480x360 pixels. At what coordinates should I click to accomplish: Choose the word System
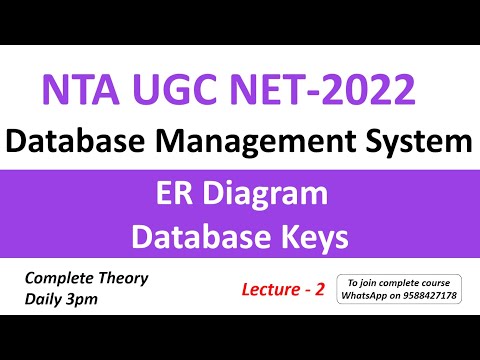(418, 141)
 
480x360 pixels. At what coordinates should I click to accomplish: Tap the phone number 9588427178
(435, 296)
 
